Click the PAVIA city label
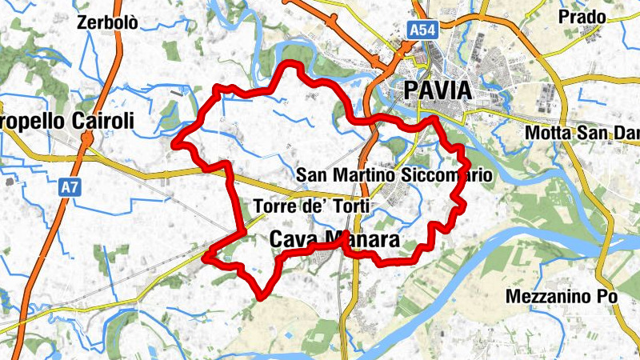coord(438,90)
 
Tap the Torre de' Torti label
coord(311,207)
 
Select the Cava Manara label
coord(334,240)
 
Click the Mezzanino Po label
coord(562,296)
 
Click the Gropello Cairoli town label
coord(67,122)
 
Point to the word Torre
coord(272,207)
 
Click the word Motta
coord(546,133)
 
